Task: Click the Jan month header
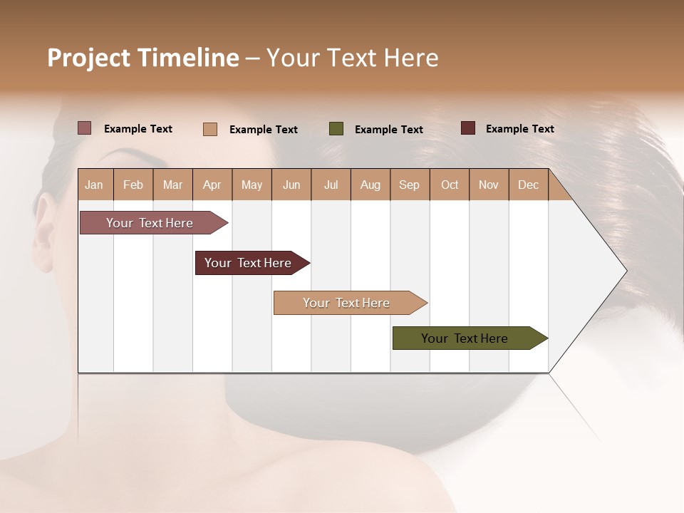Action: pyautogui.click(x=94, y=185)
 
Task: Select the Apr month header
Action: pyautogui.click(x=212, y=185)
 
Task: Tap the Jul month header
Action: pyautogui.click(x=331, y=185)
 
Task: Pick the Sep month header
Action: pyautogui.click(x=409, y=185)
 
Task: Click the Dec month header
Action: pyautogui.click(x=528, y=185)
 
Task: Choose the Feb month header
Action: pyautogui.click(x=133, y=185)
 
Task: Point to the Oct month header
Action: pyautogui.click(x=450, y=185)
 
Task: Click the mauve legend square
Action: pyautogui.click(x=85, y=128)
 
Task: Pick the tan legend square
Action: pyautogui.click(x=210, y=129)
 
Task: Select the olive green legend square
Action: pyautogui.click(x=336, y=129)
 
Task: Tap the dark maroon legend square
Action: pyautogui.click(x=468, y=128)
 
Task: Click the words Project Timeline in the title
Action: pyautogui.click(x=143, y=58)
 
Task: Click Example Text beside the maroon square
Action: pyautogui.click(x=519, y=128)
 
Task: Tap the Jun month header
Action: pyautogui.click(x=291, y=185)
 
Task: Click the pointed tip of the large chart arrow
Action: pyautogui.click(x=625, y=271)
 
